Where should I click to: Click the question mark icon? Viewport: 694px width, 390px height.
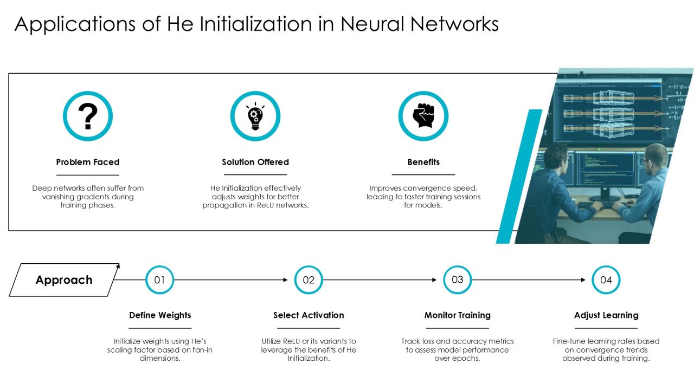click(88, 116)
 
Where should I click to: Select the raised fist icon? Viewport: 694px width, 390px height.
click(423, 116)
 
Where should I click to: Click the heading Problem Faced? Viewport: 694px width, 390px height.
click(88, 162)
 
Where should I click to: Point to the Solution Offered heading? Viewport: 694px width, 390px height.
click(255, 162)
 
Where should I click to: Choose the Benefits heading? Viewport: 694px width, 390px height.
click(423, 162)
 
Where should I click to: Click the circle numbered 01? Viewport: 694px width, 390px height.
click(159, 280)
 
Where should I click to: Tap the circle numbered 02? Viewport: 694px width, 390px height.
click(309, 280)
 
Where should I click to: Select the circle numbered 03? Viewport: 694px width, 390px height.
click(457, 280)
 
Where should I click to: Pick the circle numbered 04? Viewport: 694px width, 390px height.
click(606, 280)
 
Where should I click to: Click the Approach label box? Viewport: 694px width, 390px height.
click(64, 280)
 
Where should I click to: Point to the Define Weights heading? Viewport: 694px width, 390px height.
click(160, 315)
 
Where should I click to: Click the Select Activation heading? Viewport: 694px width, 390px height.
click(309, 315)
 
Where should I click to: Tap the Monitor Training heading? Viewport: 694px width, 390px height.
click(457, 315)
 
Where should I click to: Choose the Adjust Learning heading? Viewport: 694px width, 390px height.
click(606, 315)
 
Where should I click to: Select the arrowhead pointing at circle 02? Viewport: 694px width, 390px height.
click(285, 280)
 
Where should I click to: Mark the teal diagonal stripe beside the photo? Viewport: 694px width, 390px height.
click(519, 177)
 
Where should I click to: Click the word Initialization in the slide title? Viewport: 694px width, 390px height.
click(255, 24)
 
